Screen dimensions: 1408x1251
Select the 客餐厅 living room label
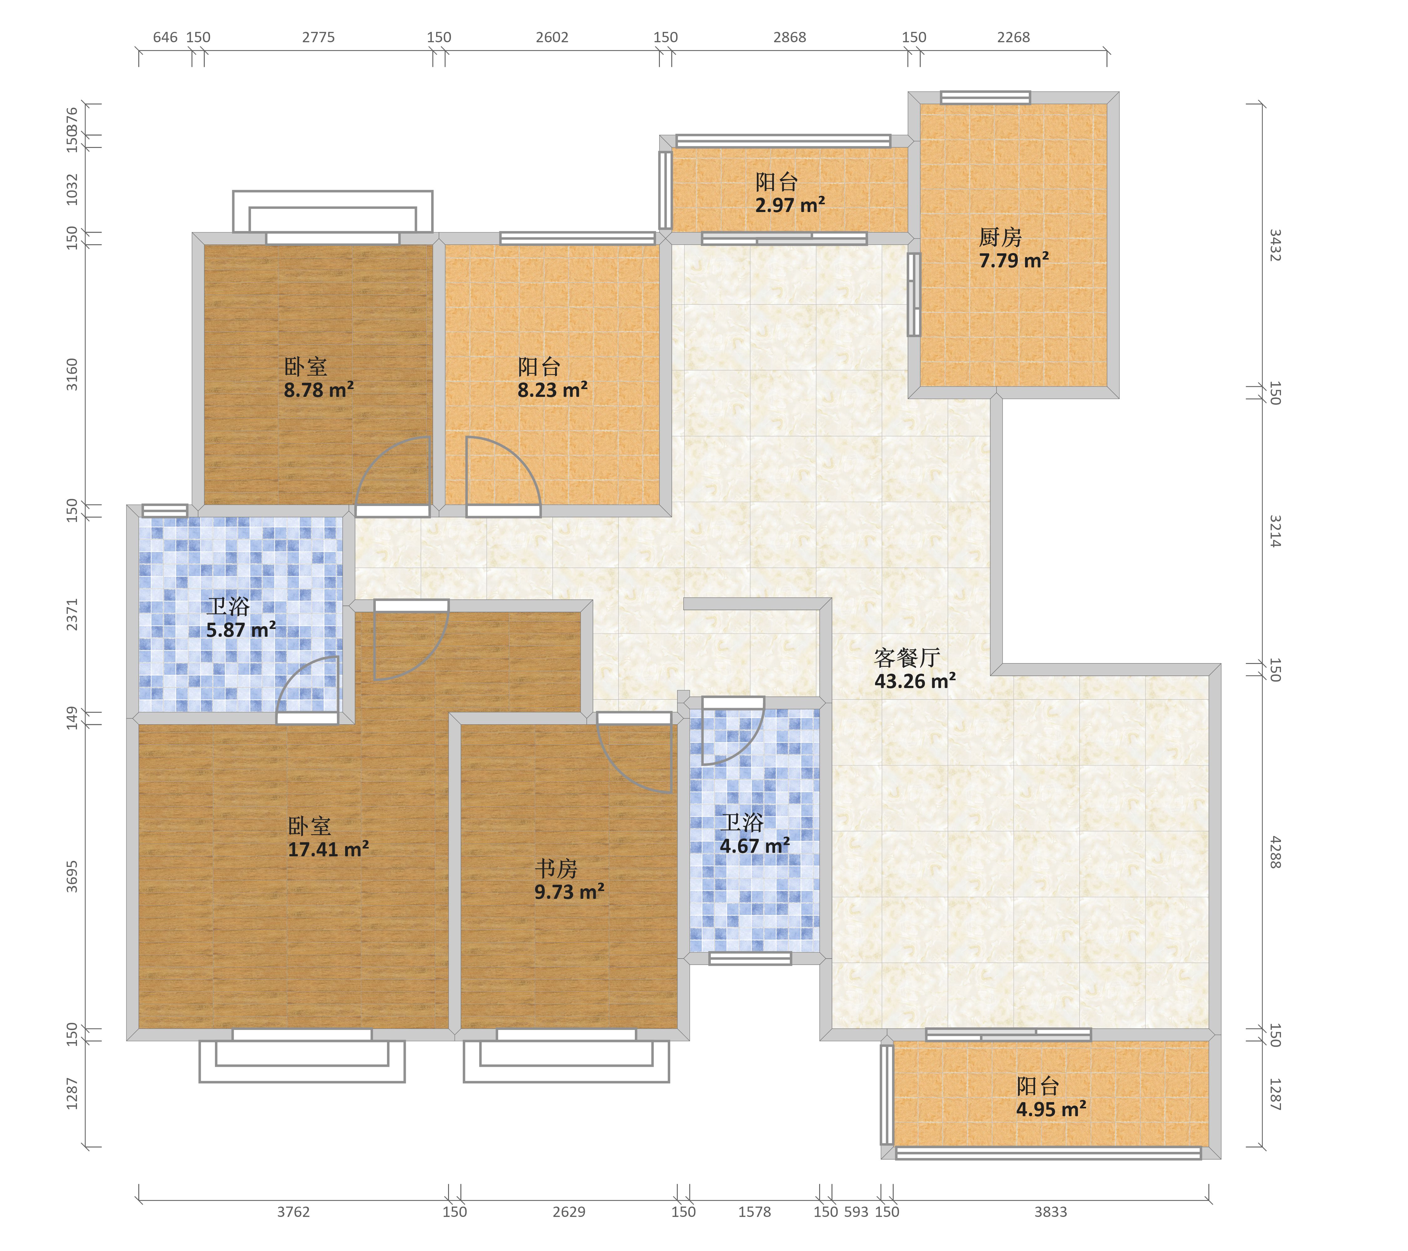[x=907, y=657]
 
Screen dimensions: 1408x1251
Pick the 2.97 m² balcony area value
[x=790, y=205]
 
